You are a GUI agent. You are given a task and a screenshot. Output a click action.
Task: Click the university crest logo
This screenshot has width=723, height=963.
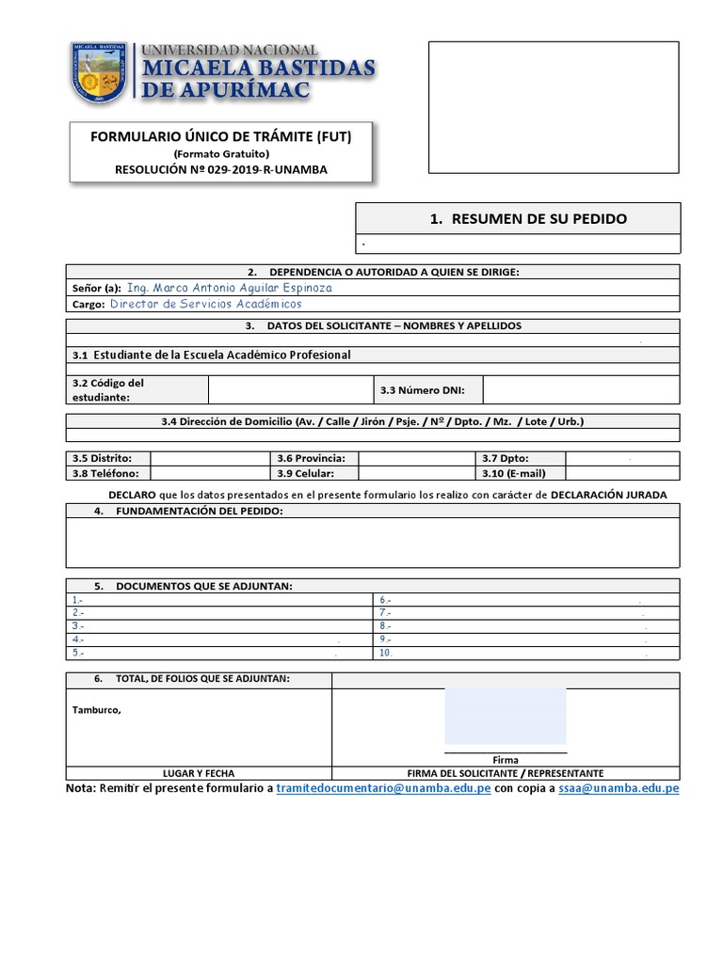click(99, 73)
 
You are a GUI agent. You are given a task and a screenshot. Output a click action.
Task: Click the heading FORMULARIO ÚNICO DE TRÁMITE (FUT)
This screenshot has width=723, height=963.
click(220, 136)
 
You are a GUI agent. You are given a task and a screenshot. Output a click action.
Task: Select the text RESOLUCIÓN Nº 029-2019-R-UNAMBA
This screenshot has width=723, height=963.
click(221, 169)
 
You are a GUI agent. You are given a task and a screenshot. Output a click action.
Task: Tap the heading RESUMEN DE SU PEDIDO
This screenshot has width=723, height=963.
click(527, 219)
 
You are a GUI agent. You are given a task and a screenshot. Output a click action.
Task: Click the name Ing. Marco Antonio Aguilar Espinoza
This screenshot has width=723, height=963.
click(229, 288)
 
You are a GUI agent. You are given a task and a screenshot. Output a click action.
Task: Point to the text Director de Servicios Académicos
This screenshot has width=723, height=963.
click(206, 304)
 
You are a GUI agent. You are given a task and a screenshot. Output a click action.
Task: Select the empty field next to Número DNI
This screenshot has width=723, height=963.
click(581, 389)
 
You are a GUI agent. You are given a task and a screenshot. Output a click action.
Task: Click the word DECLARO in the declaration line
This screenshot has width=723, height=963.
click(125, 495)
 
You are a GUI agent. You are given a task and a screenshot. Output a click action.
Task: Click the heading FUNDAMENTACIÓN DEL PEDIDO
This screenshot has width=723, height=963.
click(199, 511)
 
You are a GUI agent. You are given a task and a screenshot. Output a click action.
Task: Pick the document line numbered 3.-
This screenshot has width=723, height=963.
click(78, 625)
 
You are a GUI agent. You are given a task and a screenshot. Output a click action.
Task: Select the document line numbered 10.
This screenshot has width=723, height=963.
click(386, 653)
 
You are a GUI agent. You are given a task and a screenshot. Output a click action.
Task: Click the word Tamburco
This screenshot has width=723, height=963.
click(96, 710)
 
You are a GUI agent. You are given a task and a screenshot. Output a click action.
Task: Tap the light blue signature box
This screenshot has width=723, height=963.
click(505, 717)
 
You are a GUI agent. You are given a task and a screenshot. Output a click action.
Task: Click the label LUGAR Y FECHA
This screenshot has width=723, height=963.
click(199, 772)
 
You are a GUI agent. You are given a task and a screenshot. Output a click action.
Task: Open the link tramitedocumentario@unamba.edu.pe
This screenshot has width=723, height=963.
click(383, 788)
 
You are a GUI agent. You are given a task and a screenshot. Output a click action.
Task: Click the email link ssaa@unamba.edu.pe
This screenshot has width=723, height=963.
click(618, 788)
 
